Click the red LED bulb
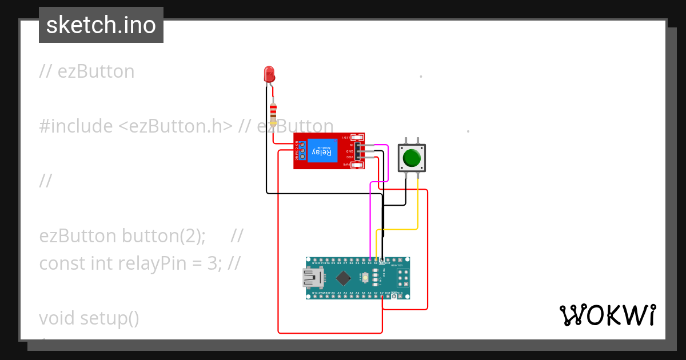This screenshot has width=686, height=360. [x=269, y=74]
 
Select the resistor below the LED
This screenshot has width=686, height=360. [x=273, y=114]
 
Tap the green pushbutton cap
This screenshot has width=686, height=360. [x=412, y=157]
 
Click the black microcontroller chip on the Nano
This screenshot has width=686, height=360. [x=343, y=278]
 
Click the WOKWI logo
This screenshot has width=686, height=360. [x=607, y=315]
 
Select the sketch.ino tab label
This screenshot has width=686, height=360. [x=101, y=25]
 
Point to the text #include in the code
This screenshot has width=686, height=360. [x=76, y=126]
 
